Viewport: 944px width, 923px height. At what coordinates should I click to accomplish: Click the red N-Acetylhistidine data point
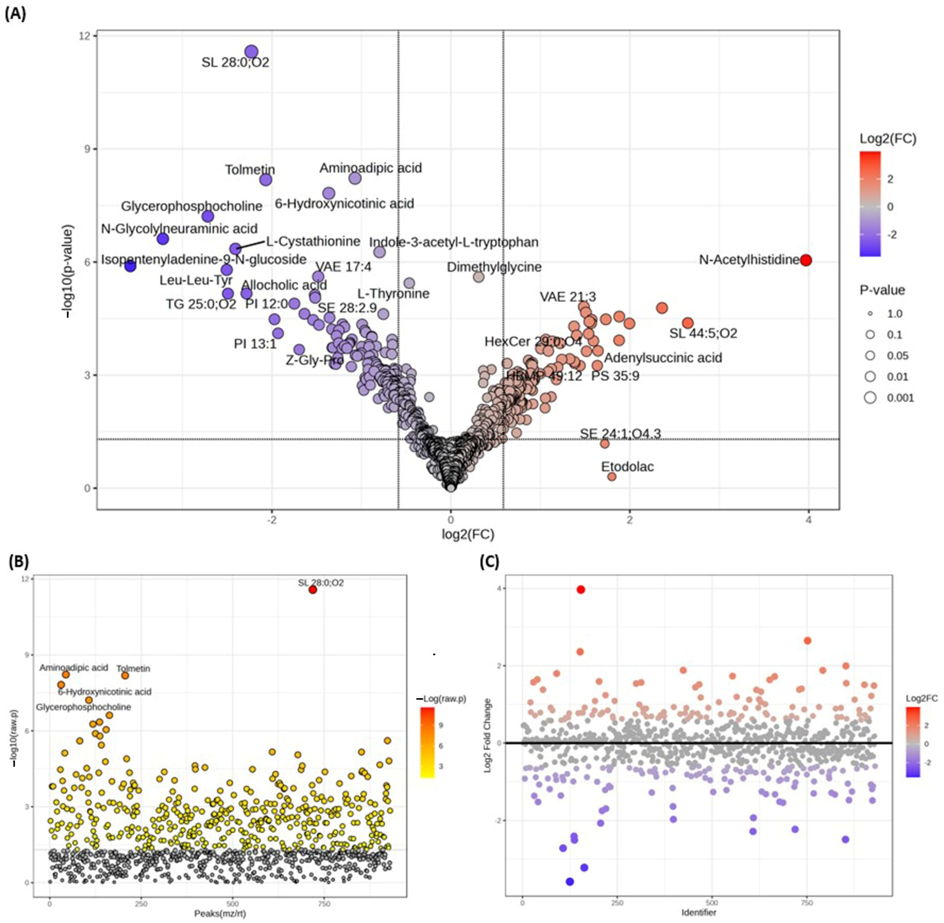pyautogui.click(x=806, y=260)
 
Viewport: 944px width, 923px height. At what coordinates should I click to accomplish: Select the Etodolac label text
pyautogui.click(x=627, y=467)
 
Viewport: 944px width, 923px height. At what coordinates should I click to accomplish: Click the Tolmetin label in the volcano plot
pyautogui.click(x=250, y=170)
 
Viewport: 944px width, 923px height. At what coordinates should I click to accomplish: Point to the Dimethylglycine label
pyautogui.click(x=494, y=267)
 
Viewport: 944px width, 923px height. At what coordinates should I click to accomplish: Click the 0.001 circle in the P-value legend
pyautogui.click(x=870, y=398)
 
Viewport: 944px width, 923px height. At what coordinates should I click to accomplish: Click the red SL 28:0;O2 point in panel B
pyautogui.click(x=313, y=590)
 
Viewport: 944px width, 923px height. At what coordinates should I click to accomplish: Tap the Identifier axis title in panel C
pyautogui.click(x=699, y=913)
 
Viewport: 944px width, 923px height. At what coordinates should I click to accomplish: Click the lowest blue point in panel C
pyautogui.click(x=570, y=882)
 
